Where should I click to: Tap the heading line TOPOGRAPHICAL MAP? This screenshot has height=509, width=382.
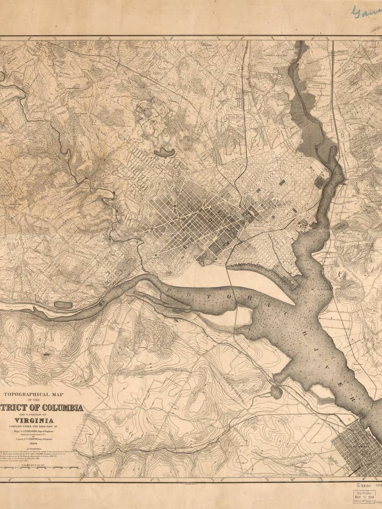[x=33, y=394]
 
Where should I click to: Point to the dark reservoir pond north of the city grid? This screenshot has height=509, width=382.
[x=164, y=153]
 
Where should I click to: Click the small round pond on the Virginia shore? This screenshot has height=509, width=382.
[x=276, y=392]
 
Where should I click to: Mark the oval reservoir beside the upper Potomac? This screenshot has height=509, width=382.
[x=63, y=305]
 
